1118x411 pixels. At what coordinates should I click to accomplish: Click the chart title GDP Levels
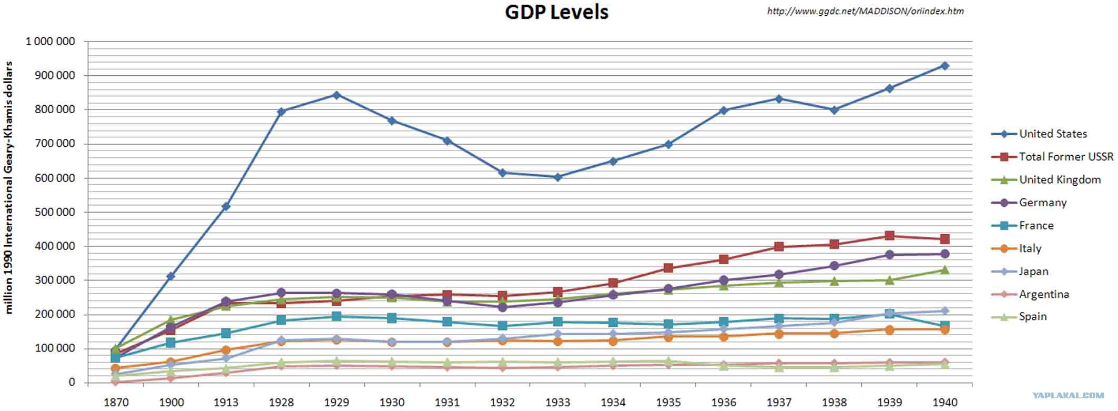tap(556, 12)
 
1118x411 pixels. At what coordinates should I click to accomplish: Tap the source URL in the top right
tap(865, 11)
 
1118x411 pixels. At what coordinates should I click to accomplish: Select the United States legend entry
tap(1052, 134)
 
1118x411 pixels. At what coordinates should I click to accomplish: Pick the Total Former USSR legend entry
tap(1065, 157)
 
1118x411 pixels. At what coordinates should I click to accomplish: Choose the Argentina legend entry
tap(1043, 294)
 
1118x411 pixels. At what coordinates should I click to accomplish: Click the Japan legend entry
tap(1033, 272)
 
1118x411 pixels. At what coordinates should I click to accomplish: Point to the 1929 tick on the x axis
tap(337, 402)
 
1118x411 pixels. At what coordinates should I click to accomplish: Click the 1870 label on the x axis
tap(116, 402)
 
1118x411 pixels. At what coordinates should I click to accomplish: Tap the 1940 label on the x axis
tap(944, 402)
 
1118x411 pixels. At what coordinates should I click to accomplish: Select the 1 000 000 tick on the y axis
tap(50, 42)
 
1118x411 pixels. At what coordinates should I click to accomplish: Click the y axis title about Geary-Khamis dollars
tap(9, 188)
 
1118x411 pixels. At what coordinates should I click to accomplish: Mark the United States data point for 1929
tap(337, 95)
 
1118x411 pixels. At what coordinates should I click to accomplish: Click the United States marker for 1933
tap(558, 177)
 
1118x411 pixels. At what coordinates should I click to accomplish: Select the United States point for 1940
tap(944, 66)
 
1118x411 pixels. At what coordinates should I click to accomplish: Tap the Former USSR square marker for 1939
tap(889, 236)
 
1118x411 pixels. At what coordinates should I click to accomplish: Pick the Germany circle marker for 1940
tap(944, 254)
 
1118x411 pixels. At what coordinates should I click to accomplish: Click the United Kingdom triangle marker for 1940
tap(944, 270)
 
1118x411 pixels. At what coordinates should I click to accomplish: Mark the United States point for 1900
tap(171, 276)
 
